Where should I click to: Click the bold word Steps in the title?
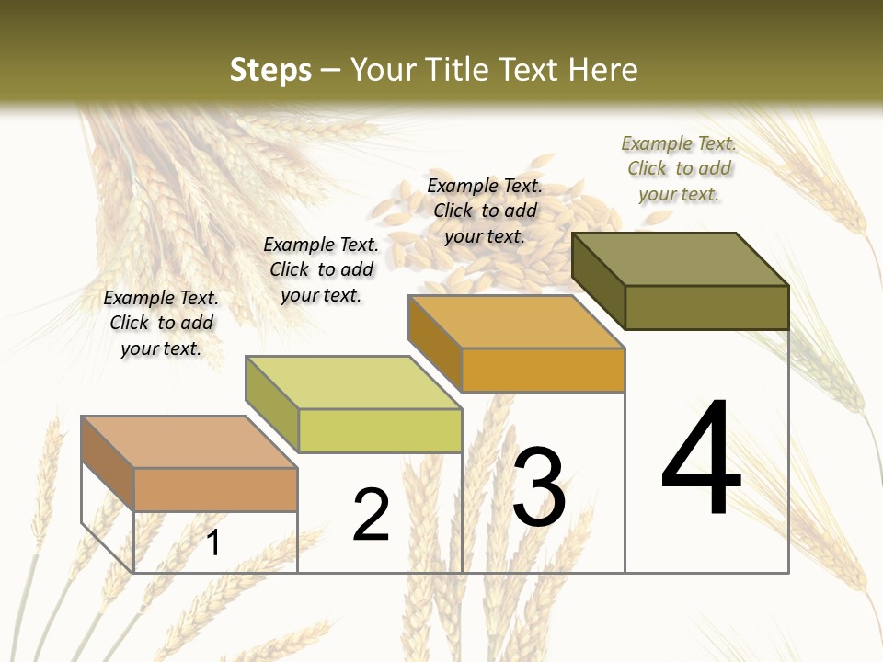coord(269,70)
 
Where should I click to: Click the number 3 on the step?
coord(539,487)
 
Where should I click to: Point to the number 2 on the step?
coord(371,515)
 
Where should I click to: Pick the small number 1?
coord(213,542)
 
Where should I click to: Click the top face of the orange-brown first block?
coord(189,441)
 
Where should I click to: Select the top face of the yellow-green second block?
coord(353,382)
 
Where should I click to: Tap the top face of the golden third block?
coord(516,322)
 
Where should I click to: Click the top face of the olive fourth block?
coord(681,259)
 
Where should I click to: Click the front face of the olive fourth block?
coord(706,307)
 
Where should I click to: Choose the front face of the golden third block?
coord(543,370)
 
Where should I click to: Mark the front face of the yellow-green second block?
coord(380,430)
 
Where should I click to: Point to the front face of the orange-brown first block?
coord(215,489)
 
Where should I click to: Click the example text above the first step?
coord(161,323)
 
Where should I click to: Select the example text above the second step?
coord(321,269)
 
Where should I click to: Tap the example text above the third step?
coord(485,211)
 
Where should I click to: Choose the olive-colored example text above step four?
coord(679,168)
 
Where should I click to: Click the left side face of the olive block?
coord(598,280)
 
